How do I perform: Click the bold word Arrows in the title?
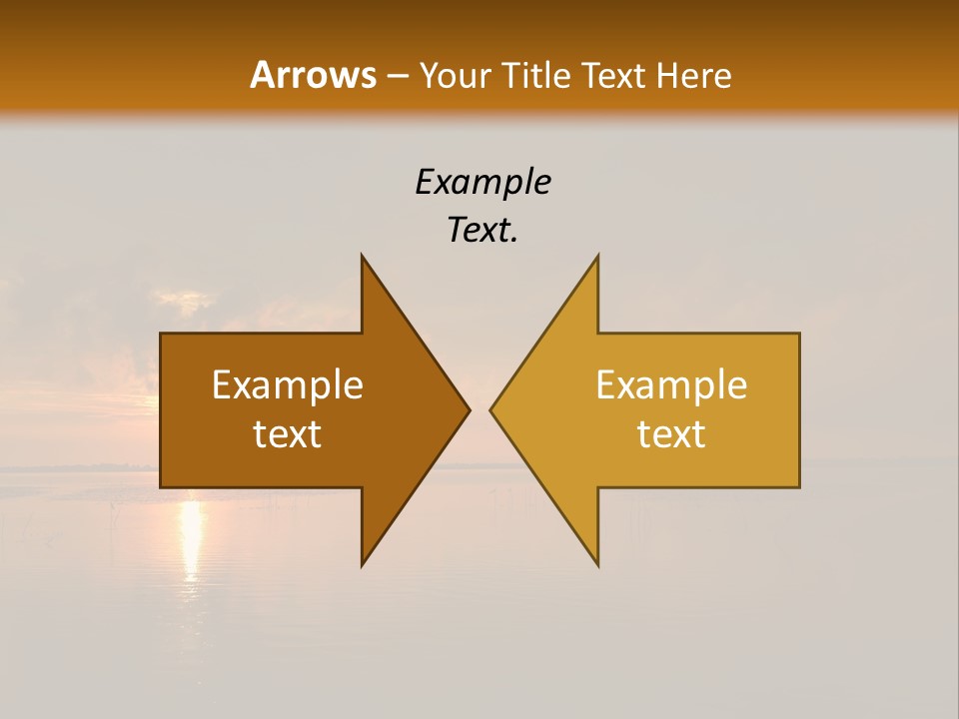tap(313, 75)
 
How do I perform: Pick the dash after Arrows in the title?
tap(397, 76)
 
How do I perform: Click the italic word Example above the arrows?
tap(482, 182)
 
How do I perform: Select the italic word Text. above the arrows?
tap(482, 231)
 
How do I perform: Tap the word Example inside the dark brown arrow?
tap(288, 384)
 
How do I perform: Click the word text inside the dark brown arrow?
tap(288, 434)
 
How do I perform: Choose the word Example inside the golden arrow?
tap(671, 384)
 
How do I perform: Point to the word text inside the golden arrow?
tap(671, 434)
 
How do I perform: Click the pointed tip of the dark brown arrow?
tap(470, 409)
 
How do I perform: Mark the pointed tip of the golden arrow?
tap(490, 409)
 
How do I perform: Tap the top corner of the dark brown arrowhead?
tap(362, 256)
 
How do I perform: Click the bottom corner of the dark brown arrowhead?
tap(362, 564)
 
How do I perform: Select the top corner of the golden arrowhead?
tap(597, 256)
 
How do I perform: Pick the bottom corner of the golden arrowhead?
tap(597, 565)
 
